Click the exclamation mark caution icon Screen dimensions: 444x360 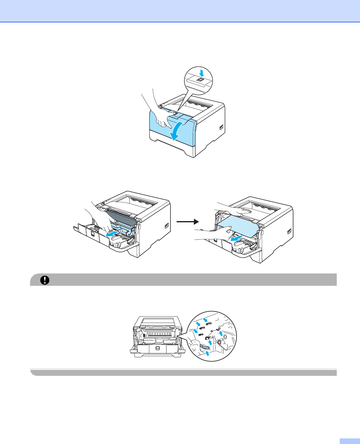click(45, 280)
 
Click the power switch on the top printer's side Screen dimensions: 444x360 click(221, 128)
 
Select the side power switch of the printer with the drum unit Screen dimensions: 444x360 click(166, 226)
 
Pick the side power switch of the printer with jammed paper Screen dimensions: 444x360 click(289, 231)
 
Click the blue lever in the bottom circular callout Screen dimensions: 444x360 click(204, 348)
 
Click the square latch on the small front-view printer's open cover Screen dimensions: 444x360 click(157, 348)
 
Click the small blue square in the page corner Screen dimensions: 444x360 click(349, 441)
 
